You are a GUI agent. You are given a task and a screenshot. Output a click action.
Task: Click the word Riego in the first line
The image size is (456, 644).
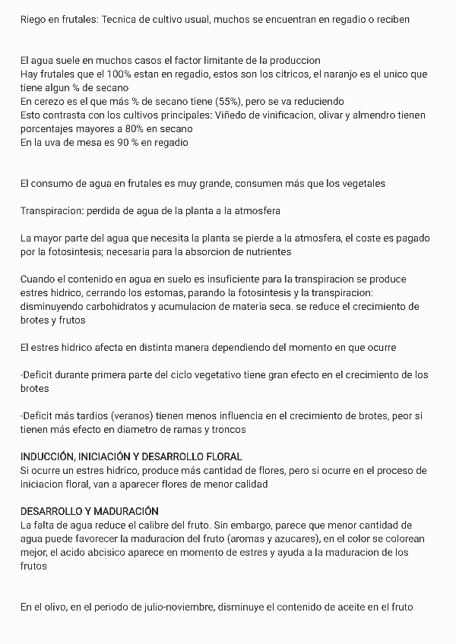[33, 19]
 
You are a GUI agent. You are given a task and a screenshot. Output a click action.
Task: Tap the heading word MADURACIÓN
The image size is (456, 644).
[121, 511]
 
